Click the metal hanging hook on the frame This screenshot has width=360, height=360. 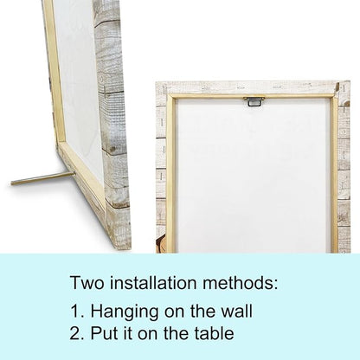(x=254, y=101)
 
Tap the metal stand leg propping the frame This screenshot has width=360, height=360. (x=42, y=178)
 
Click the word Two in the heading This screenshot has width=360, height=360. (x=87, y=282)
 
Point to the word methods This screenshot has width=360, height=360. (x=240, y=282)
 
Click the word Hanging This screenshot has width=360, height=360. (x=125, y=312)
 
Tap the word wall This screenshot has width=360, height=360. (x=236, y=312)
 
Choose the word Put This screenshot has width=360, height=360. (x=100, y=333)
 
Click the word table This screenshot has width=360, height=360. (x=214, y=333)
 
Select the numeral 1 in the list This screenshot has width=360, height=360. (x=75, y=312)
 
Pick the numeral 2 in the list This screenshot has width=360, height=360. (x=75, y=333)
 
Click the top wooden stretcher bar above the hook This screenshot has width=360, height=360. (x=254, y=96)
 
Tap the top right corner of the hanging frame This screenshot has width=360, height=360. (x=350, y=81)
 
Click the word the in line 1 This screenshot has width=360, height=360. (x=202, y=312)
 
